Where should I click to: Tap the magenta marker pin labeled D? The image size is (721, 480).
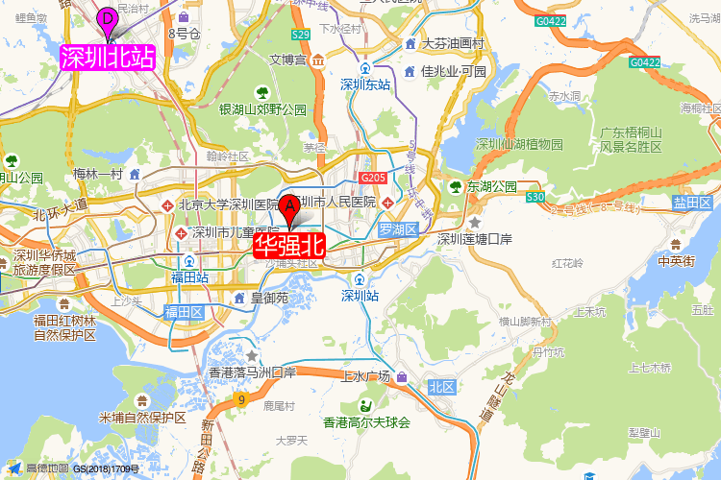pos(108,18)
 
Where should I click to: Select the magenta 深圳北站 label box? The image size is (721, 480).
pos(108,58)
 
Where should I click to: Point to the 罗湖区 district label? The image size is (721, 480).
pos(396,230)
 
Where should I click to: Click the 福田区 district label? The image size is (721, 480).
pos(183,312)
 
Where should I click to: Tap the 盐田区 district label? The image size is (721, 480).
pos(692,203)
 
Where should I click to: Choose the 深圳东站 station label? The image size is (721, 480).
pos(366,84)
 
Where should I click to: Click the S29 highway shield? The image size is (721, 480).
pos(301,35)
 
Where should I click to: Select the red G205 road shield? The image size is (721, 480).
pos(373,179)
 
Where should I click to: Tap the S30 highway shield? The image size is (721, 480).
pos(536,197)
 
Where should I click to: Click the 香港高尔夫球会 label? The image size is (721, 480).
pos(366,422)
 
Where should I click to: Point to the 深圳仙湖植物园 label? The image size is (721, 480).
pos(519,144)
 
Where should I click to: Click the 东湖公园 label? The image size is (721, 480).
pos(491,186)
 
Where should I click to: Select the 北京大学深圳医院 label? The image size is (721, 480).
pos(228,204)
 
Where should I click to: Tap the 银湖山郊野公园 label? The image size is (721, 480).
pos(262,110)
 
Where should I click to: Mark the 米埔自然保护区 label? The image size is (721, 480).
pos(141,418)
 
